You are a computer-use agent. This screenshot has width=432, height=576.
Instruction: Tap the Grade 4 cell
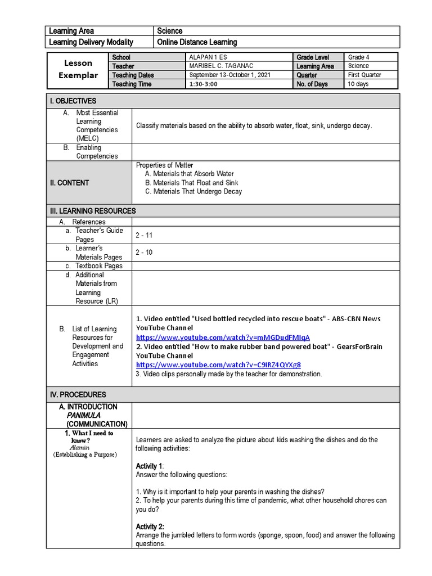[359, 57]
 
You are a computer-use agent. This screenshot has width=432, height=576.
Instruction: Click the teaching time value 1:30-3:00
[204, 84]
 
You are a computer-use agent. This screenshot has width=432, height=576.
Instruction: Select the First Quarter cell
[364, 75]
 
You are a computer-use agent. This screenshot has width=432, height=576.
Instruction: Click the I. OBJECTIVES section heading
[73, 101]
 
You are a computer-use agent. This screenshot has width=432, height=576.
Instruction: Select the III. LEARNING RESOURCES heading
[92, 211]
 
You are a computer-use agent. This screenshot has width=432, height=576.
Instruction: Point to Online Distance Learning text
[197, 42]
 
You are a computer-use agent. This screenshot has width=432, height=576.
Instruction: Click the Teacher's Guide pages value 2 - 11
[144, 235]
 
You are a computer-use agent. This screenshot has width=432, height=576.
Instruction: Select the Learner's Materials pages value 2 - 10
[144, 253]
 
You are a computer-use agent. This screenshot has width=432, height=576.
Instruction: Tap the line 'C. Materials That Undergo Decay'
[193, 192]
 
